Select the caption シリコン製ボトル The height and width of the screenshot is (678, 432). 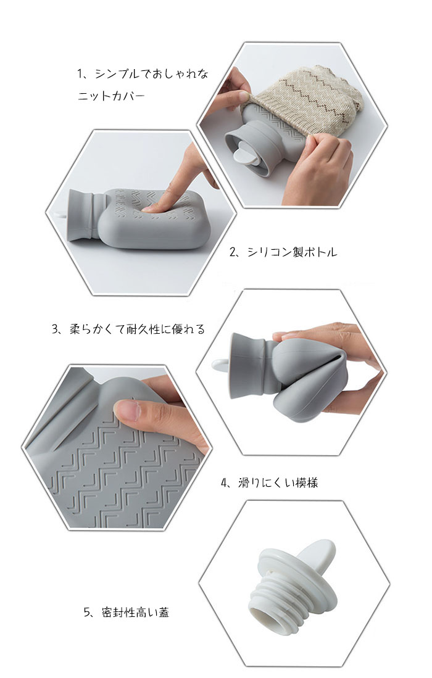click(x=292, y=252)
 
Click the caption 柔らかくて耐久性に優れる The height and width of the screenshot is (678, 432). click(x=137, y=329)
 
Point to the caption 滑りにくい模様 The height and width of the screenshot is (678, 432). click(x=278, y=482)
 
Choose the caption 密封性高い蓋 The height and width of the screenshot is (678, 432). click(x=135, y=612)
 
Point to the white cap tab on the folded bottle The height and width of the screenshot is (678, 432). click(x=220, y=365)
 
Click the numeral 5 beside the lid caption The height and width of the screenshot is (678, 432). click(x=86, y=612)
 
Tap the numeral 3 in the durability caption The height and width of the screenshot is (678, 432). click(x=55, y=329)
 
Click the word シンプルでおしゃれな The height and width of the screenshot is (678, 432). click(x=151, y=74)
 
